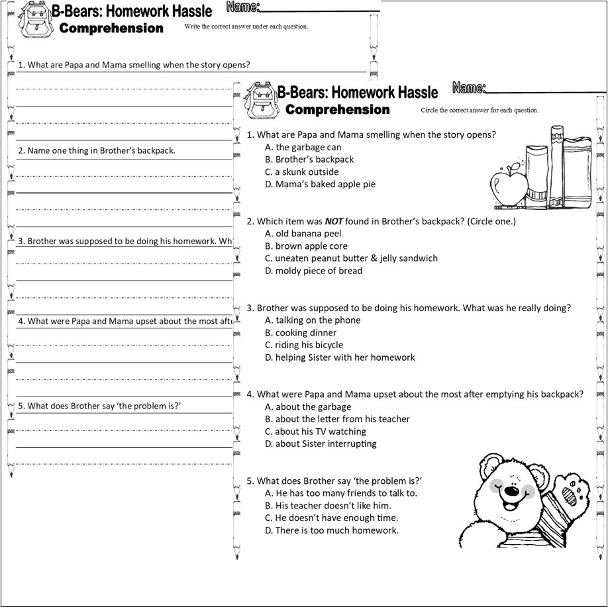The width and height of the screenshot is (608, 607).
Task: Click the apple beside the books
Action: coord(509,184)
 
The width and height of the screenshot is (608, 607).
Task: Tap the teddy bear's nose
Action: coord(511,491)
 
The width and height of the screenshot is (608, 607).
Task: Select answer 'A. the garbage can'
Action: coord(303,147)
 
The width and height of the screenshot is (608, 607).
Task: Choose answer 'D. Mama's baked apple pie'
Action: coord(320,184)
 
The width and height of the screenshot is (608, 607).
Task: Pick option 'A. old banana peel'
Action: coord(303,234)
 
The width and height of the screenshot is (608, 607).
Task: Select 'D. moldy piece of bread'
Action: coord(313,271)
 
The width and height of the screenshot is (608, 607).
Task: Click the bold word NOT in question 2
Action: coord(333,221)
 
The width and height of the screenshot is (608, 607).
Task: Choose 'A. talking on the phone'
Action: coord(313,320)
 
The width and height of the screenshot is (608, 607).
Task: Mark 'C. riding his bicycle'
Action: coord(304,345)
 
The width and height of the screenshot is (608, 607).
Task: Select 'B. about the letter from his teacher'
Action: coord(337,419)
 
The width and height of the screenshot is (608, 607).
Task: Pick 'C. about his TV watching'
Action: coord(315,432)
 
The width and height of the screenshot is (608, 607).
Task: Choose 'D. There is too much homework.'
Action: coord(332,530)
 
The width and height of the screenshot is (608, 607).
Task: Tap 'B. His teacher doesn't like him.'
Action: coord(328,506)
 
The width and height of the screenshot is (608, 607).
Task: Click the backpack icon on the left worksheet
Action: coord(33,21)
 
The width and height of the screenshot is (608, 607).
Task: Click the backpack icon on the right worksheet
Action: coord(260,102)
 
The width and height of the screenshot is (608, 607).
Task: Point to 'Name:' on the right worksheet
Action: coord(469,88)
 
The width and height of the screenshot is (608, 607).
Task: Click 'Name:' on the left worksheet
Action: coord(242,7)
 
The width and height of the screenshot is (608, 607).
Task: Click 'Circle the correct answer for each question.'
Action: coord(480,110)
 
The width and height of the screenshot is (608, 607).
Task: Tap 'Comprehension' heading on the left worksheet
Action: coord(111,28)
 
